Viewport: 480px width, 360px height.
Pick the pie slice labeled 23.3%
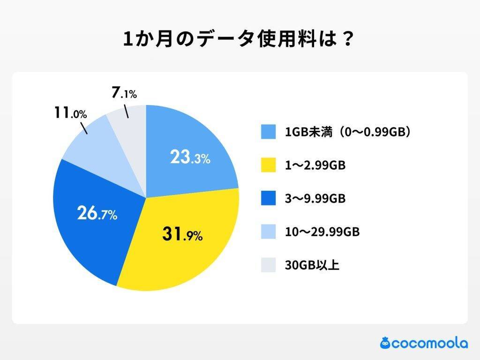(x=197, y=141)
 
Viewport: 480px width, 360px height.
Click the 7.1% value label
(x=124, y=93)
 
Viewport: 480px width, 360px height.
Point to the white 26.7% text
(x=97, y=215)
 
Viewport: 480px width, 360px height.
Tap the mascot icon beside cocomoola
(x=385, y=343)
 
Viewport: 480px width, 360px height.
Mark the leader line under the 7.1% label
(x=126, y=111)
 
